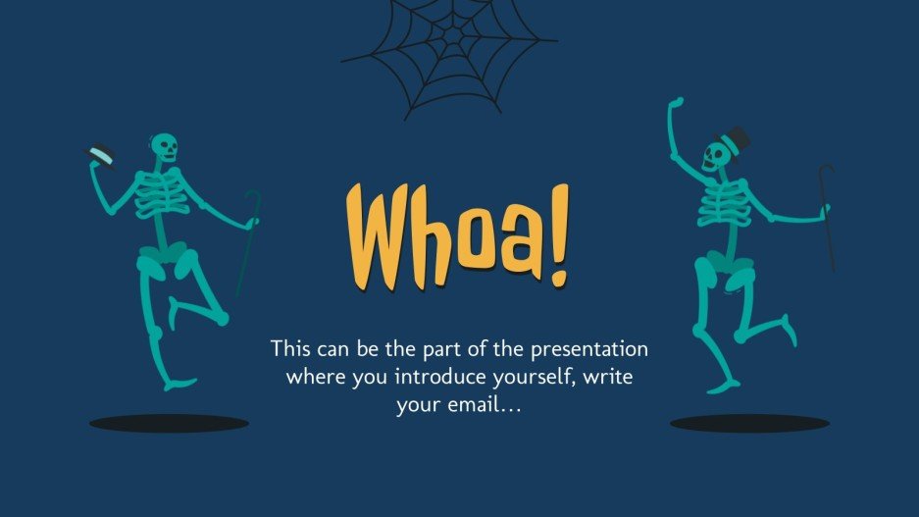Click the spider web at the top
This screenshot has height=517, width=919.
450,44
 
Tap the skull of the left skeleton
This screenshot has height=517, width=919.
165,148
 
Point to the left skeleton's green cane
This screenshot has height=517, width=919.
248,240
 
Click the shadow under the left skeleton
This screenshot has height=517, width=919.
169,423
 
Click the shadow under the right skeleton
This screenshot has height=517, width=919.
749,423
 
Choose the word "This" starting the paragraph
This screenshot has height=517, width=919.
291,349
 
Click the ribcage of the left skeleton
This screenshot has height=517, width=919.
160,194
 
